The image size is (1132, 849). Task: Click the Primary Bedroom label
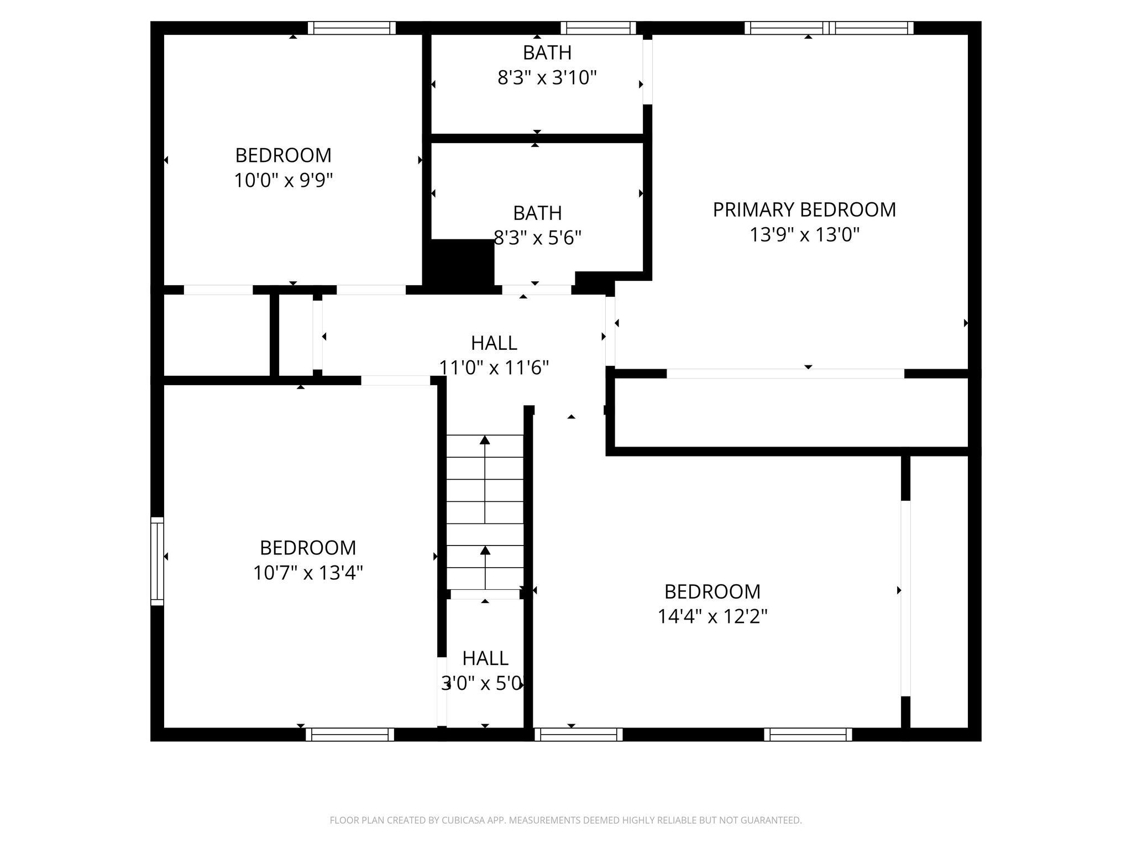804,209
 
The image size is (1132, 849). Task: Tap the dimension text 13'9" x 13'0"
804,235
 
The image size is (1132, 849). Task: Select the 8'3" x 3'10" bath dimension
547,78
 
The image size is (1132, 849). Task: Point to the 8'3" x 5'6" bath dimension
537,238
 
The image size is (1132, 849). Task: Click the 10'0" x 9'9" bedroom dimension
284,180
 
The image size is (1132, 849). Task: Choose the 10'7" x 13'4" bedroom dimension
308,573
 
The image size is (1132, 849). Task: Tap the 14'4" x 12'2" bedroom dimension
712,616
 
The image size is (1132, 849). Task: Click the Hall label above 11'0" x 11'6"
494,343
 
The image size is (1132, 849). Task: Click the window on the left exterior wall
157,561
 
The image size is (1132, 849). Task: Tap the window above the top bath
598,28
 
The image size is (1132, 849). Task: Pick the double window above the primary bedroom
829,28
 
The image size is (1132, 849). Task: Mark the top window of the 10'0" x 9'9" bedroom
352,28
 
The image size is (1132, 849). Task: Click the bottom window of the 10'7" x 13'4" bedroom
350,734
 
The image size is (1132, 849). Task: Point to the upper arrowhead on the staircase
485,440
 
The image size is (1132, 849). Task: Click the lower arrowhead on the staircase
485,551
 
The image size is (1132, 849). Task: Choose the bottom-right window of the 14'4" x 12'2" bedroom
808,734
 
